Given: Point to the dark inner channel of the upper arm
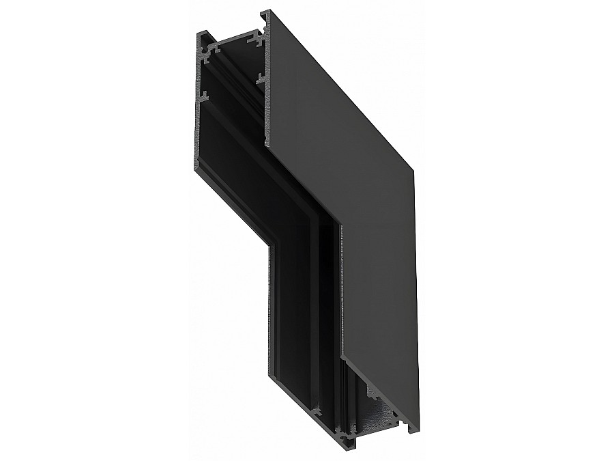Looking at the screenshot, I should pos(232,123).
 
